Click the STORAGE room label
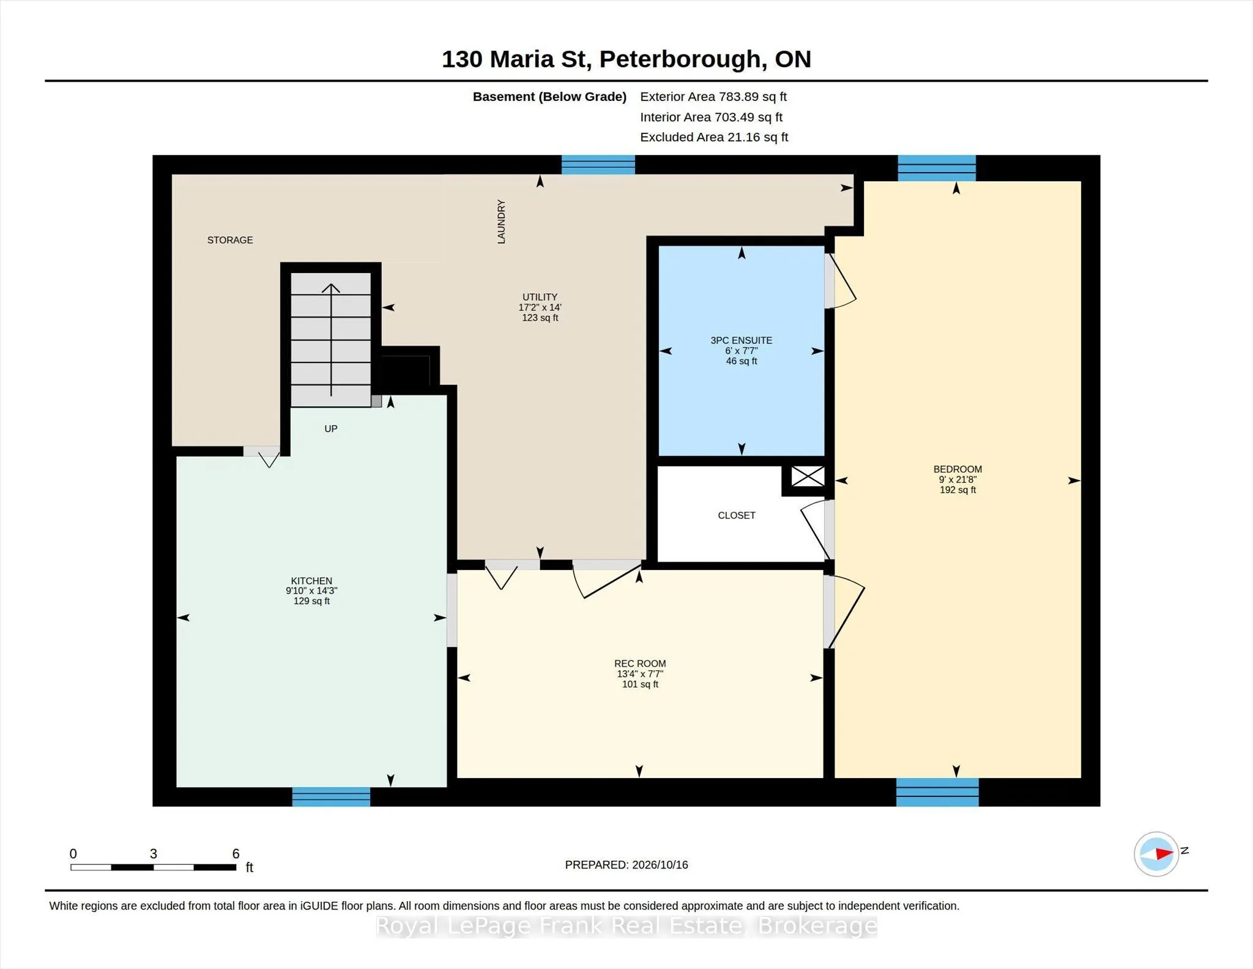[230, 240]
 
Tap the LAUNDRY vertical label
[502, 222]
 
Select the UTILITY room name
[540, 297]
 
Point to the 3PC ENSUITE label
[742, 340]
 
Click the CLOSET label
[737, 515]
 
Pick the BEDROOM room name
[957, 470]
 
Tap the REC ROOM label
[640, 664]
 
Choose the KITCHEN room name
[311, 581]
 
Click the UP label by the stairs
[331, 428]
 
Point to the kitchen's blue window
[331, 796]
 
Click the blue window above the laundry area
[598, 165]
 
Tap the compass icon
[1156, 854]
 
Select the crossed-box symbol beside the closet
[808, 476]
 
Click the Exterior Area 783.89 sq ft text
[713, 97]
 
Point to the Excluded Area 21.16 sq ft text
[714, 137]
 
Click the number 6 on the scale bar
[236, 853]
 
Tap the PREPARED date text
[626, 865]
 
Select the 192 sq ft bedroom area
[957, 490]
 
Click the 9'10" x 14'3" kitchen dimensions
[311, 591]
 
